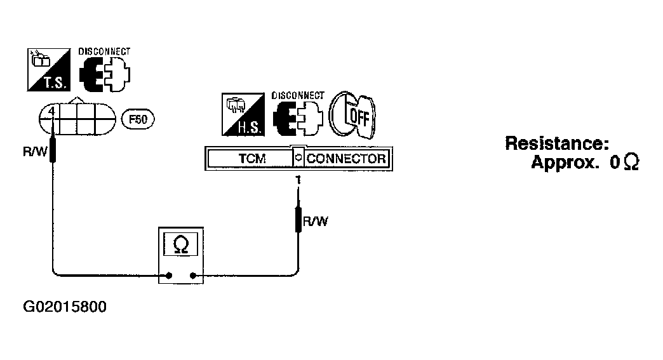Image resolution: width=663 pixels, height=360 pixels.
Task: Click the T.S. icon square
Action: click(49, 70)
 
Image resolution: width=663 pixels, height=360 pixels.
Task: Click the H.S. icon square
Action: click(243, 114)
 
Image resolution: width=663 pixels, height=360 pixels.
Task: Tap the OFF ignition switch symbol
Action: click(352, 114)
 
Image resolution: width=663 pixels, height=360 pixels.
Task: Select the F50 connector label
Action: click(138, 119)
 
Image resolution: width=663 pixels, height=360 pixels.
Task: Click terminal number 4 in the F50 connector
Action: click(51, 112)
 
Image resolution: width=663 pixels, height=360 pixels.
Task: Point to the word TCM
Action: click(252, 159)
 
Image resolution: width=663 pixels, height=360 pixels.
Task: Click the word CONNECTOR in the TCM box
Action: click(346, 159)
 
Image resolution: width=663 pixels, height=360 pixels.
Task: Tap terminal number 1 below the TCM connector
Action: click(298, 180)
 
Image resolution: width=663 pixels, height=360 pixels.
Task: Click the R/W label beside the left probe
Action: click(35, 152)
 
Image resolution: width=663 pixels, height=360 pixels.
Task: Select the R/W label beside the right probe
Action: click(316, 222)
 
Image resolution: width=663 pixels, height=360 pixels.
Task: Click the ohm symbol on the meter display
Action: click(181, 244)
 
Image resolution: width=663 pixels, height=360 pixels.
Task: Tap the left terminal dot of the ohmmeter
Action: click(169, 276)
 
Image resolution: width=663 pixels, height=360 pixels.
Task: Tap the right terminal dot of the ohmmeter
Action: click(193, 276)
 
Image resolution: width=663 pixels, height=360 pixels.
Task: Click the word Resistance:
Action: click(557, 143)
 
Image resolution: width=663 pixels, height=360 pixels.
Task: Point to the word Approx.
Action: click(565, 163)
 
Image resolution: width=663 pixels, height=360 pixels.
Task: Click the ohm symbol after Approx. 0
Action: click(631, 163)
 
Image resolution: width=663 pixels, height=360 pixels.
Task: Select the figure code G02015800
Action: click(65, 306)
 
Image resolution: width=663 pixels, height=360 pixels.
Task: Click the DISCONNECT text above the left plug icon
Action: click(104, 51)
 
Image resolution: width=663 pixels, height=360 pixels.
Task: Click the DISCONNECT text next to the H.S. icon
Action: click(298, 95)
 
